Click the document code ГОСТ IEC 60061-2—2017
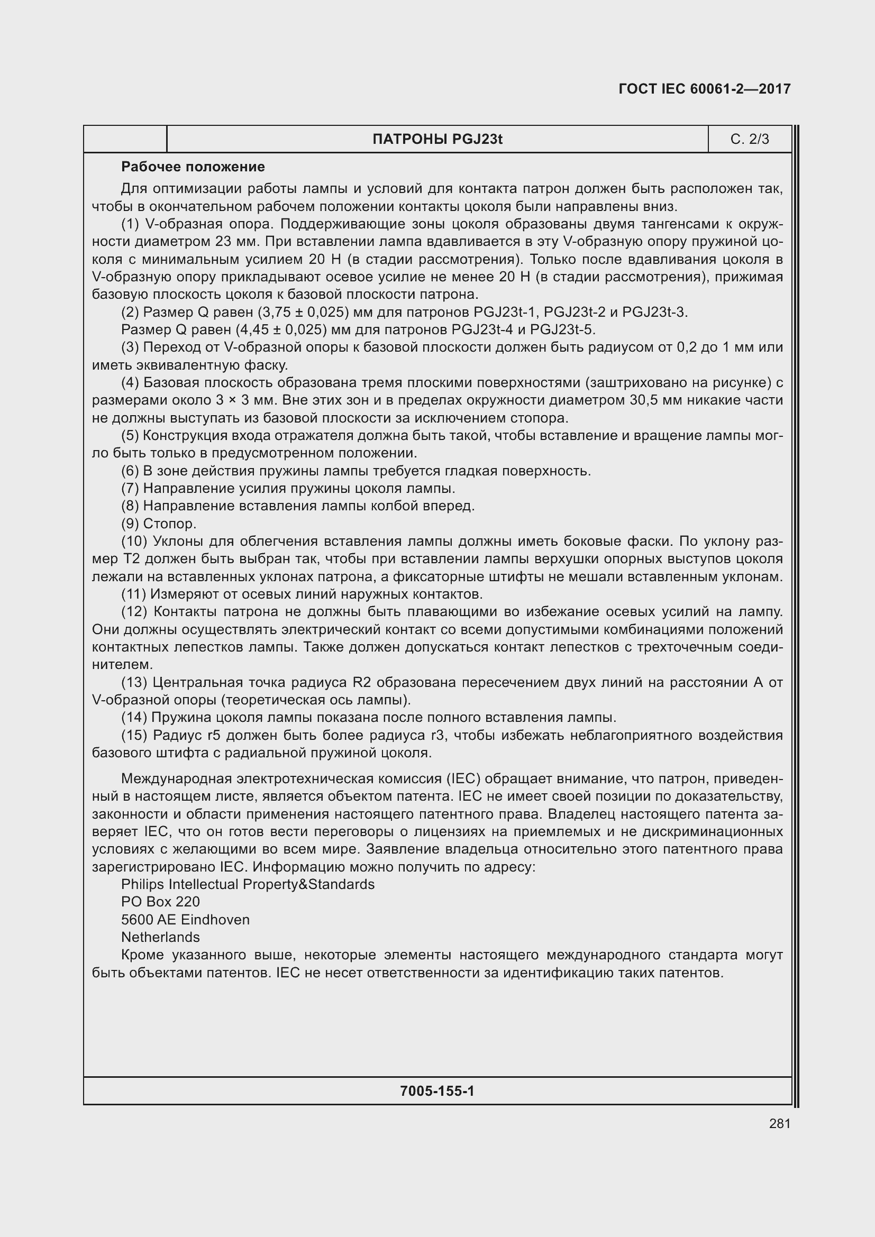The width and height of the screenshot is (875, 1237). pos(704,89)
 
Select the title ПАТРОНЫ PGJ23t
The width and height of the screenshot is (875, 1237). pos(437,140)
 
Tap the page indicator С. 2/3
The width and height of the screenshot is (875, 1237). pos(750,140)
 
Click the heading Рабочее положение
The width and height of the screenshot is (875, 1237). pos(193,167)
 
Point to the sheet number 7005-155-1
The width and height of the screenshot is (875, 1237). pos(437,1091)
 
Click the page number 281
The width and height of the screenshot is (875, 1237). pos(780,1124)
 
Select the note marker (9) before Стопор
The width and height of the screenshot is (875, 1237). pos(130,524)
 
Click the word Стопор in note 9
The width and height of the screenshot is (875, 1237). pos(170,524)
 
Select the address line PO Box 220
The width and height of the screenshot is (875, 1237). pos(161,902)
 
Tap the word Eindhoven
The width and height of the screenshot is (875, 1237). pos(215,920)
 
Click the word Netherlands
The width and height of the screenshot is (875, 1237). pos(161,938)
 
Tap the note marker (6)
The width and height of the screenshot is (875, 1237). pos(130,471)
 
